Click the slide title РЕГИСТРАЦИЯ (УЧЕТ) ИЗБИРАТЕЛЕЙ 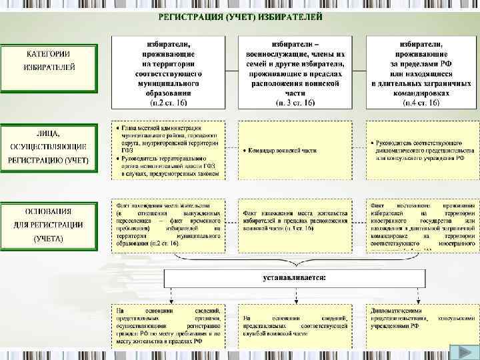240,15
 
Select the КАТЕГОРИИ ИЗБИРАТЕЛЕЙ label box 49,60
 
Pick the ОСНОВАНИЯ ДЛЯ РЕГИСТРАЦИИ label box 49,224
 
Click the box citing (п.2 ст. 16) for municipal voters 168,72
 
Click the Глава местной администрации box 168,151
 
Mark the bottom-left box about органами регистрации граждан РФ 168,325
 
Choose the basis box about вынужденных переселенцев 168,224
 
